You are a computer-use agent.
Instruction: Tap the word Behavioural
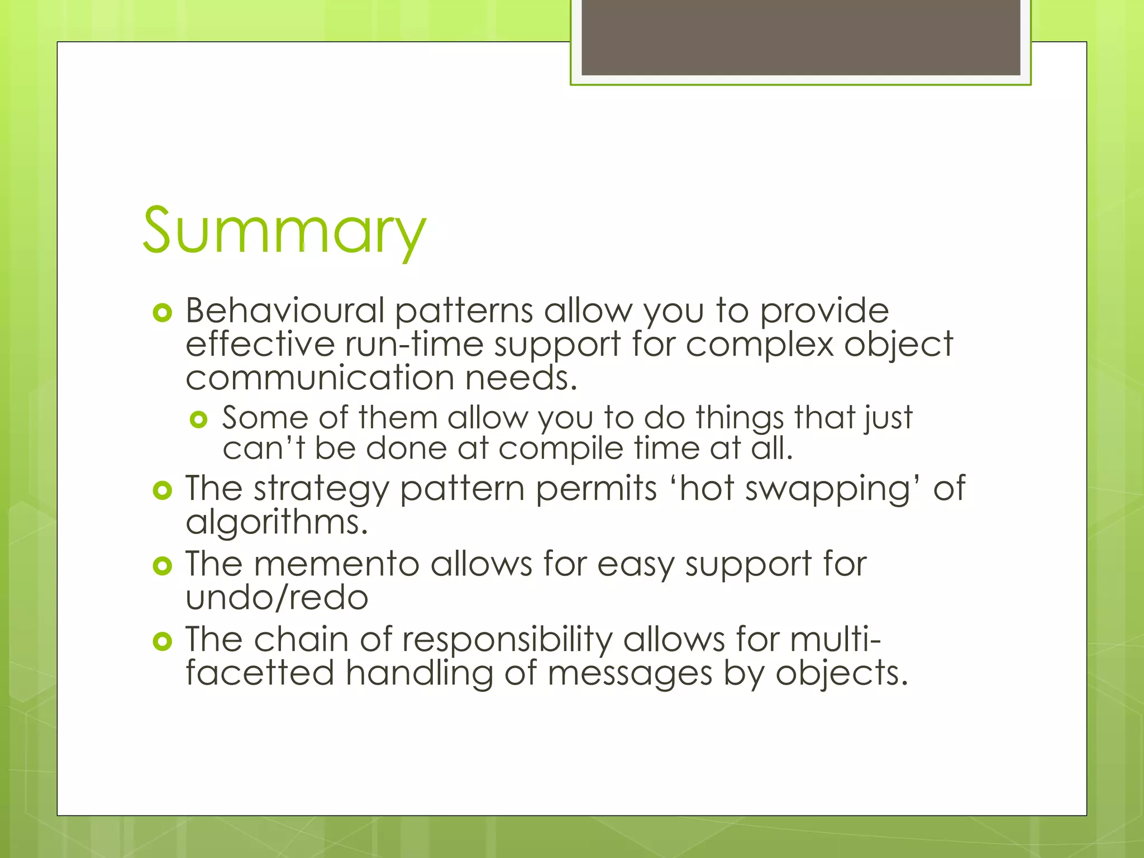(285, 311)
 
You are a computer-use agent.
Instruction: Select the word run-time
(414, 344)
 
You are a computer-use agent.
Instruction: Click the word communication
(320, 378)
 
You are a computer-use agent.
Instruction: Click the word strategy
(321, 489)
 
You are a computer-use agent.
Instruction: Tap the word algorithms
(277, 523)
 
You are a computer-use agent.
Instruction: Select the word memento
(336, 564)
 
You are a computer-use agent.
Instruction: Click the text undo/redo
(277, 598)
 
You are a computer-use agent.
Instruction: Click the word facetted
(260, 673)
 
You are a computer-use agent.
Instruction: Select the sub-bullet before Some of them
(199, 420)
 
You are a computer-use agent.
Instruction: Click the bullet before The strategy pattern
(162, 491)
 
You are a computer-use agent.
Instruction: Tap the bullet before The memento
(162, 566)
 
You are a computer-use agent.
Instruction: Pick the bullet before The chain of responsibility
(162, 642)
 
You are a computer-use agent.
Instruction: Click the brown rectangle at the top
(800, 37)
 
